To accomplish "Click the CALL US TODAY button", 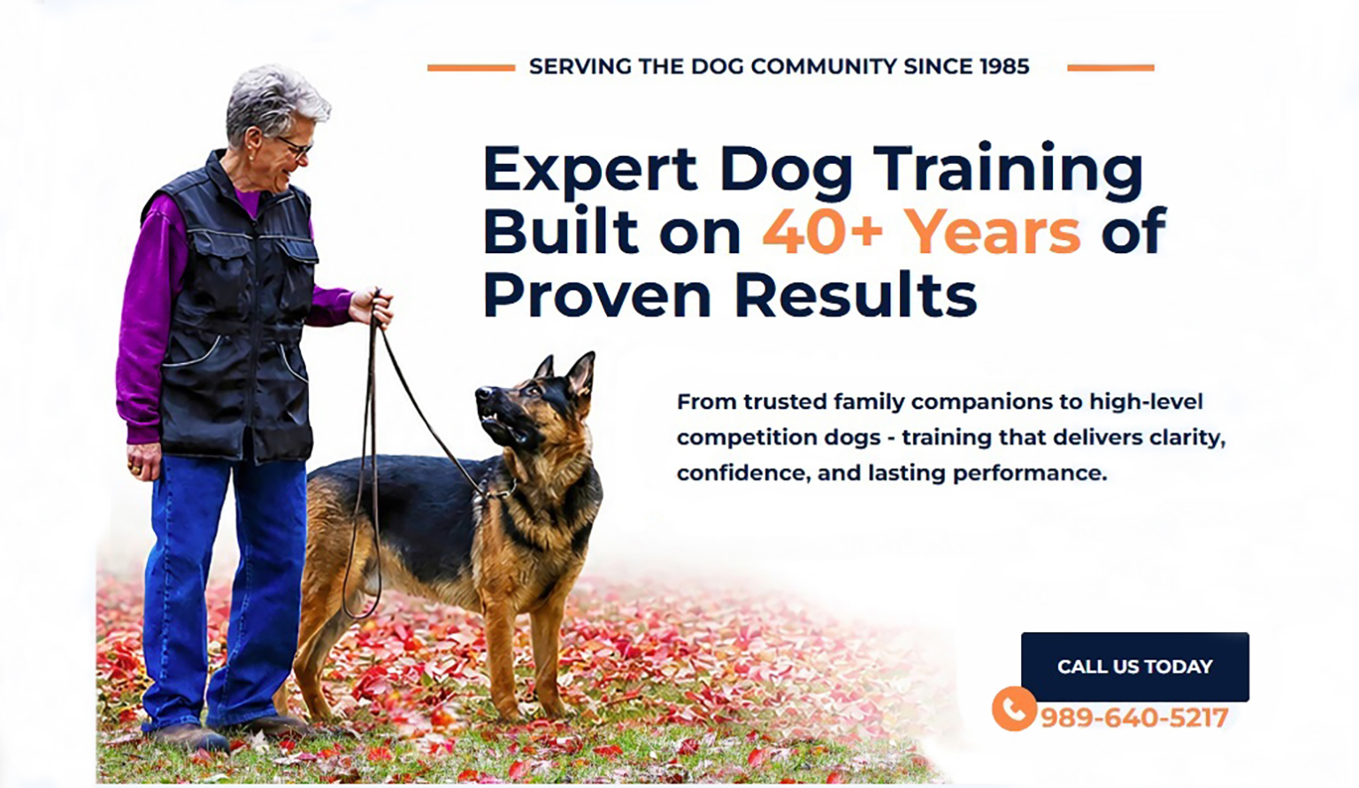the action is [x=1134, y=667].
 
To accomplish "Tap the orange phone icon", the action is [x=1014, y=708].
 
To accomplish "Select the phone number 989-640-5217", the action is [x=1134, y=717].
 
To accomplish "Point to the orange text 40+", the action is [x=822, y=231].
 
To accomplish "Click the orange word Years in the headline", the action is [x=994, y=233].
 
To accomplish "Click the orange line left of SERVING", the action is [x=471, y=68].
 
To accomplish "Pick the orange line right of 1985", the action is [x=1110, y=68].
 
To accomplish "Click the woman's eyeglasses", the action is [x=296, y=146].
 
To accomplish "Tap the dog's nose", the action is [x=483, y=393].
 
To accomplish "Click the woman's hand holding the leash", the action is [x=372, y=307].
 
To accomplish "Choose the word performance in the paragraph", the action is [x=1030, y=474].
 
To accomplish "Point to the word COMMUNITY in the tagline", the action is [x=824, y=66].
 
